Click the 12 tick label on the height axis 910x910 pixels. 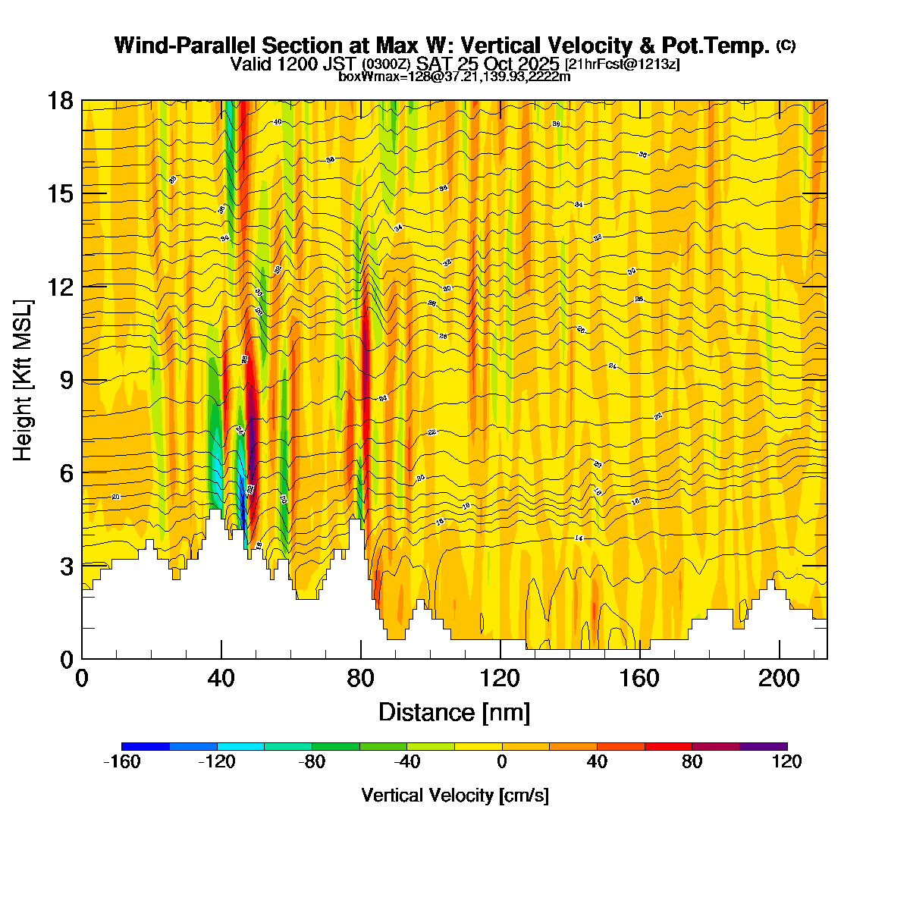coord(61,287)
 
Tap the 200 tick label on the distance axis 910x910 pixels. coord(780,678)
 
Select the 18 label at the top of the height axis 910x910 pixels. coord(61,100)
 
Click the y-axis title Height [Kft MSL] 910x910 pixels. coord(23,380)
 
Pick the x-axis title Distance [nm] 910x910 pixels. coord(454,713)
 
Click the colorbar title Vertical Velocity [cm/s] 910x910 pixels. coord(455,795)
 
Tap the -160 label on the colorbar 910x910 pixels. coord(121,762)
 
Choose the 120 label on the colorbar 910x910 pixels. coord(787,762)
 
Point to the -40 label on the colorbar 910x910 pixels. coord(406,762)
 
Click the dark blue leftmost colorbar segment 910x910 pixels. coord(145,746)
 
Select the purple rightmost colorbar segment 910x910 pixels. coord(764,746)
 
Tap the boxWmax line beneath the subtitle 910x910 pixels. coord(454,76)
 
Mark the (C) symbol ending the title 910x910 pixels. coord(786,45)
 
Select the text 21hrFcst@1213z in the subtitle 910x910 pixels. coord(622,64)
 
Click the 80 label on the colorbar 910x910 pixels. coord(692,762)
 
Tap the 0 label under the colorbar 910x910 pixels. coord(502,762)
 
